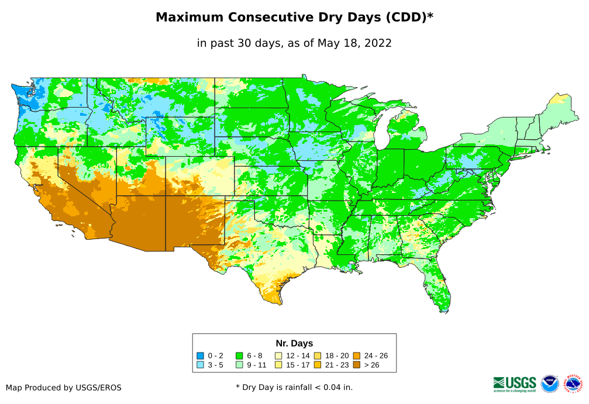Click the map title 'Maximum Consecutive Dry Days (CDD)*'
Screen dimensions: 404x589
pos(294,18)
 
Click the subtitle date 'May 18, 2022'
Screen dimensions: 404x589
pos(354,43)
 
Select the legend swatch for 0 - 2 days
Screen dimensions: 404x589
pos(201,355)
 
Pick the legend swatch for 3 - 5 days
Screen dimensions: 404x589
pos(201,365)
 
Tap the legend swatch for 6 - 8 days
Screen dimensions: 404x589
pos(239,355)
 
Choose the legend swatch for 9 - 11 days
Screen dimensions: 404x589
pos(239,365)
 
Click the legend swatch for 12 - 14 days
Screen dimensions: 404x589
pos(278,355)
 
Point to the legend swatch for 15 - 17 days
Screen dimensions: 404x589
pos(278,365)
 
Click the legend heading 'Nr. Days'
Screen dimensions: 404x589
pos(294,343)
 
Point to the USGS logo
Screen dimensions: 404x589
pos(515,384)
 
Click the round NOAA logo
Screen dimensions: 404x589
pos(550,384)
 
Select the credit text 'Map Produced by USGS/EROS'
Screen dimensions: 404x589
pos(64,387)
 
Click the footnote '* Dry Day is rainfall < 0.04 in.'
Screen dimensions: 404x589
pos(294,387)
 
